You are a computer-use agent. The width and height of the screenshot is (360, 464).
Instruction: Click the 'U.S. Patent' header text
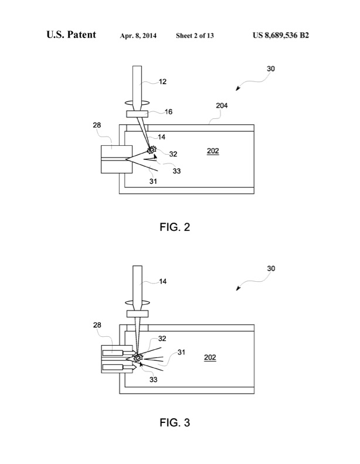pyautogui.click(x=71, y=35)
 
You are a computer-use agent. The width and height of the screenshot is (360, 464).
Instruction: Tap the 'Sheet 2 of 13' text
pyautogui.click(x=195, y=36)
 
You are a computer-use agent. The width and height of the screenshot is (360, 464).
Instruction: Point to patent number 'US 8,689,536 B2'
pyautogui.click(x=281, y=35)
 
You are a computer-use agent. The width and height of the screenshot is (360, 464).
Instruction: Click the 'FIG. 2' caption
pyautogui.click(x=175, y=227)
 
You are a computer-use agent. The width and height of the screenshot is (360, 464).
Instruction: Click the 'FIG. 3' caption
pyautogui.click(x=175, y=421)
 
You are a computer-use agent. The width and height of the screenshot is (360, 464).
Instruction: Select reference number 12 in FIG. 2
pyautogui.click(x=162, y=81)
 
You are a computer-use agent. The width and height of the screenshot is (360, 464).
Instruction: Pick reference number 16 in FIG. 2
pyautogui.click(x=168, y=110)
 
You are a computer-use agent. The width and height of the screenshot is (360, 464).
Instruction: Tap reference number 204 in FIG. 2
pyautogui.click(x=221, y=106)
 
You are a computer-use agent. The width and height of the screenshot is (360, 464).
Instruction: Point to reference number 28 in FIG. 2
pyautogui.click(x=97, y=125)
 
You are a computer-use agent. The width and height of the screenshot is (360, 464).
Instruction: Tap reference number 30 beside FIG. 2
pyautogui.click(x=270, y=69)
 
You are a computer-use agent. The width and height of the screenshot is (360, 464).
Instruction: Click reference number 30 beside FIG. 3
pyautogui.click(x=270, y=268)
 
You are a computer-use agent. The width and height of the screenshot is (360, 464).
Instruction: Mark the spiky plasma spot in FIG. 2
pyautogui.click(x=152, y=151)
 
